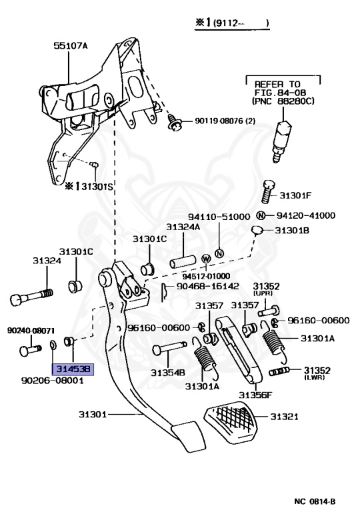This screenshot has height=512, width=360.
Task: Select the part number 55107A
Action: coord(70,47)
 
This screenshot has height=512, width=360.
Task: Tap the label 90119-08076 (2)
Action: coord(223,121)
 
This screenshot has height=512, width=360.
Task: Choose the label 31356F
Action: coord(256,395)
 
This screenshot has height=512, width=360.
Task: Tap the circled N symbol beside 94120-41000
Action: coord(261,215)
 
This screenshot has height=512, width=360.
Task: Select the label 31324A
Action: coord(183,227)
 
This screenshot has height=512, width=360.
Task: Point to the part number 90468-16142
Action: coord(207,285)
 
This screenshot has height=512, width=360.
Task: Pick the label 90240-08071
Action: coord(31,331)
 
